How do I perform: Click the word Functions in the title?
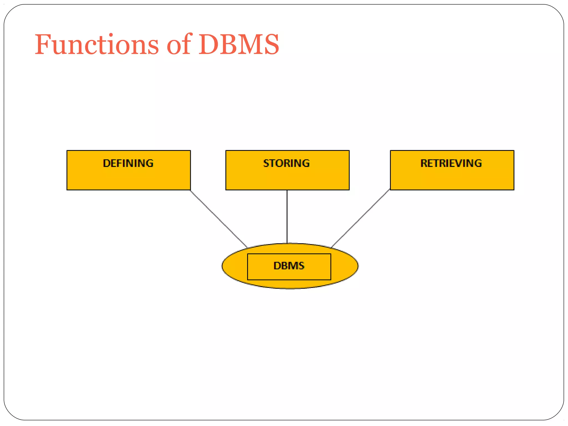point(97,44)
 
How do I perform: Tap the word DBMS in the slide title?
point(239,44)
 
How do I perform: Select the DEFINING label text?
point(128,163)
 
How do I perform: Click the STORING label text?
point(286,163)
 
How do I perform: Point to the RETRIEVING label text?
point(451,163)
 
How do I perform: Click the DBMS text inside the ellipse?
point(289,266)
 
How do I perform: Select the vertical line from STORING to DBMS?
point(287,216)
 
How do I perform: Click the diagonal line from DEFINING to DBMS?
point(219,219)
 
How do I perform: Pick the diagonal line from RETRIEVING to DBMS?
point(361,219)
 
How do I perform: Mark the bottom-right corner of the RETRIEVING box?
point(514,190)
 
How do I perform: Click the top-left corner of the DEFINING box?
point(67,151)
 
